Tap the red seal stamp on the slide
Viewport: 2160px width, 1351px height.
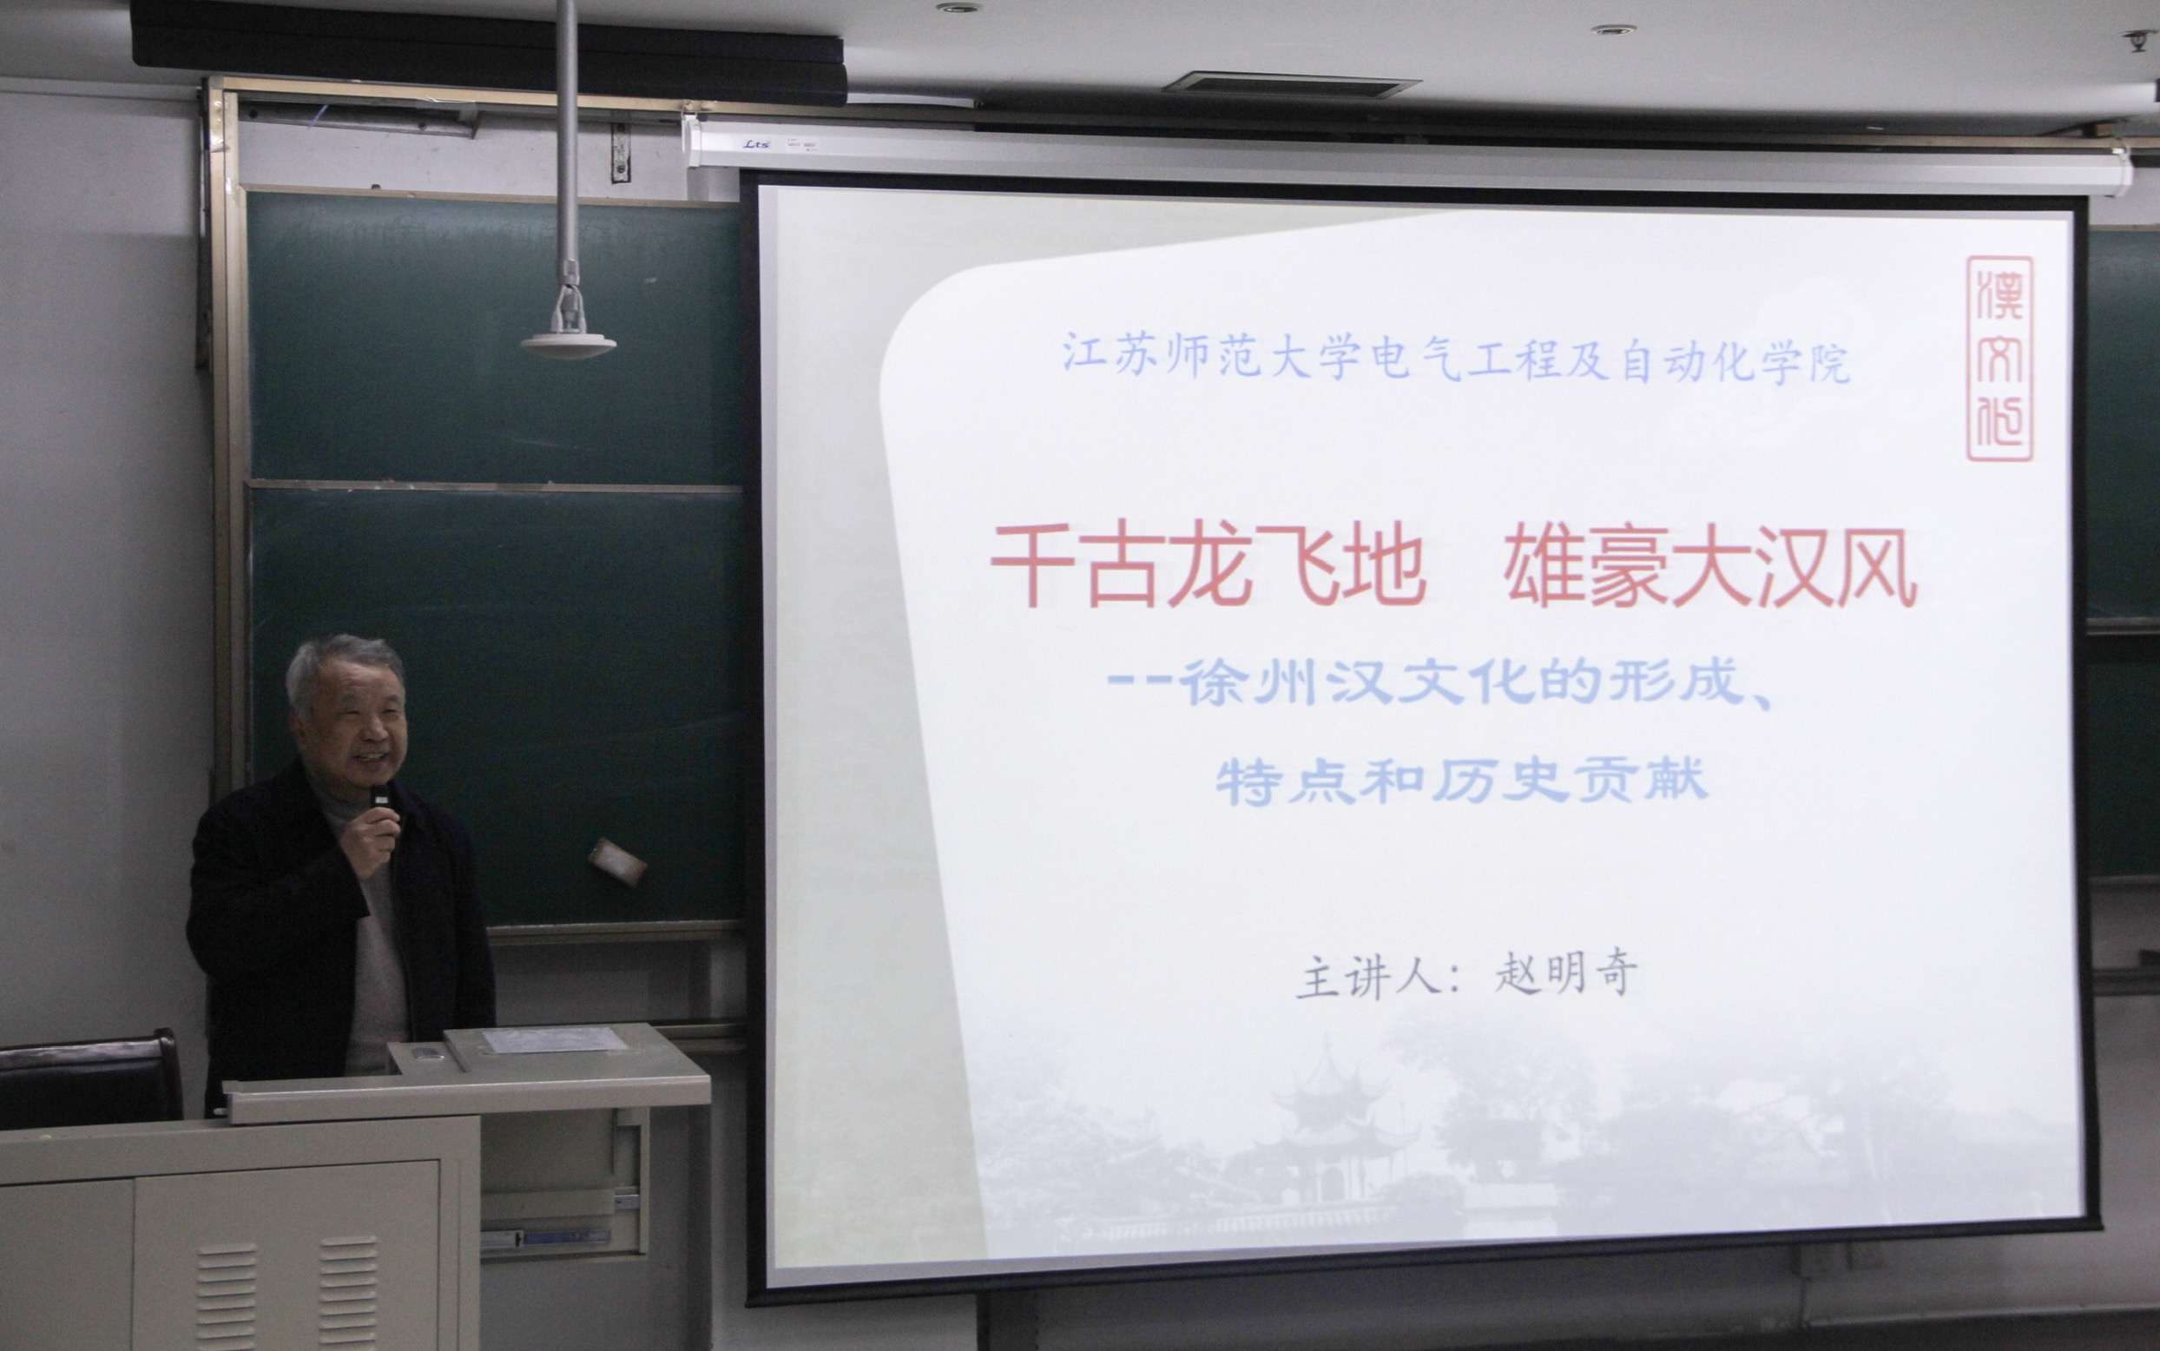1999,359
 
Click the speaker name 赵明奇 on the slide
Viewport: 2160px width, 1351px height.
1566,973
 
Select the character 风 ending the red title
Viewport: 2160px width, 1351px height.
1876,567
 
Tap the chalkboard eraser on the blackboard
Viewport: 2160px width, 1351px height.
617,861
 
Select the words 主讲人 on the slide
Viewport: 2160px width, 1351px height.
1367,977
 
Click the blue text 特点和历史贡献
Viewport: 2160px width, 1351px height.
1461,780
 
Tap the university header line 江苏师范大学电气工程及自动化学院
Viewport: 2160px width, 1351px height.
1455,359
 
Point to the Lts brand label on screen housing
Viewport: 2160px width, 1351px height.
757,143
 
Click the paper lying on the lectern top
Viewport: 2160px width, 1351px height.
553,1039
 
